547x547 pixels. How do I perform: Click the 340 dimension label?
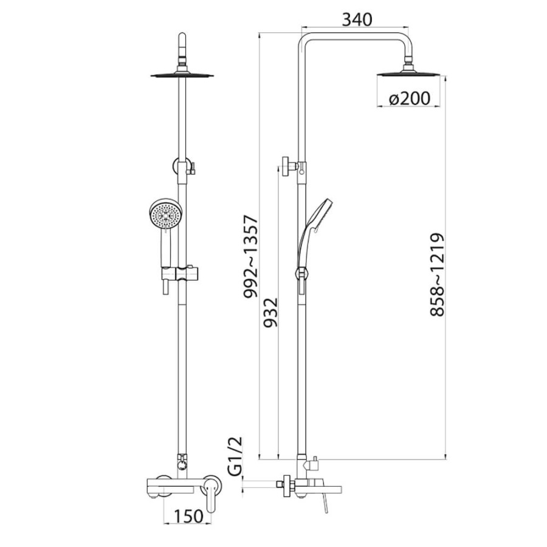357,19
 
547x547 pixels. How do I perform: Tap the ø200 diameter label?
409,98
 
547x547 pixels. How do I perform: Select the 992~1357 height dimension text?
250,256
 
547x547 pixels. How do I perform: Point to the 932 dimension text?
270,312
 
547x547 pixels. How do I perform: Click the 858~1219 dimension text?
437,275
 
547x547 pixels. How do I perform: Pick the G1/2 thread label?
235,456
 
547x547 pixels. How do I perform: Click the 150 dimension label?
188,516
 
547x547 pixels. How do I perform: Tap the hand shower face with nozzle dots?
165,213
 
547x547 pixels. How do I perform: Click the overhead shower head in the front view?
182,74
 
